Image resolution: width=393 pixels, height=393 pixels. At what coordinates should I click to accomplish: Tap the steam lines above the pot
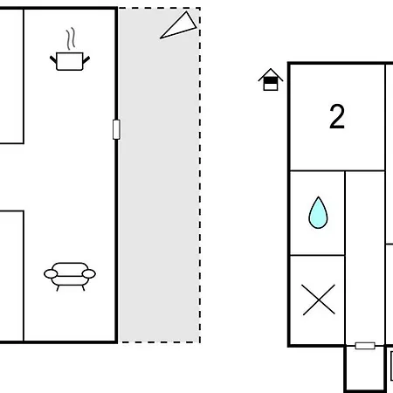click(71, 38)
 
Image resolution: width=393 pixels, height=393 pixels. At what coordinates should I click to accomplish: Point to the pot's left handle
click(53, 59)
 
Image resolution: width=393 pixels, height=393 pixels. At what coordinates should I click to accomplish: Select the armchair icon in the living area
click(70, 276)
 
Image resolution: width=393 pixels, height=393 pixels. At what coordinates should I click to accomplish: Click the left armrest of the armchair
click(51, 274)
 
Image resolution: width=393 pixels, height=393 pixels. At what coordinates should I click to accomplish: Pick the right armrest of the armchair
click(89, 274)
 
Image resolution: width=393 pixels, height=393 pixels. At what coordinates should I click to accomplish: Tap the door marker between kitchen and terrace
click(116, 129)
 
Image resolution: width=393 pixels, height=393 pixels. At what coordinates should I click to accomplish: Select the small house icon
click(271, 79)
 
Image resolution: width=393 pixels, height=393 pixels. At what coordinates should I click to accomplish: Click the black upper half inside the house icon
click(271, 80)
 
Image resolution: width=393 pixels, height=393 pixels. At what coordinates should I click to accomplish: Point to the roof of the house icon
click(271, 74)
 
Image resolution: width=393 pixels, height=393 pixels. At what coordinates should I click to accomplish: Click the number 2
click(337, 116)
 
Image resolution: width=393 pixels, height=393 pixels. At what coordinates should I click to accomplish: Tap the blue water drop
click(318, 212)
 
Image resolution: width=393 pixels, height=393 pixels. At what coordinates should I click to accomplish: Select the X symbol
click(319, 300)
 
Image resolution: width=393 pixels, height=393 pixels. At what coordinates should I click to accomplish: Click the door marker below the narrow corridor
click(365, 346)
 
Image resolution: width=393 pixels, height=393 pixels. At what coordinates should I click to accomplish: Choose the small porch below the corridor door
click(365, 369)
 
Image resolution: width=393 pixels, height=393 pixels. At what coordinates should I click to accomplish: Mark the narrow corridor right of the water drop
click(365, 258)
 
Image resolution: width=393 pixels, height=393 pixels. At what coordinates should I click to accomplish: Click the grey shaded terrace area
click(159, 176)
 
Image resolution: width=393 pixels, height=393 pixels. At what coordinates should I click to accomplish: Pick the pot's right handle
click(86, 59)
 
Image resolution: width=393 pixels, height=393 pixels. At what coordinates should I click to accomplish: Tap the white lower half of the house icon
click(271, 87)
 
